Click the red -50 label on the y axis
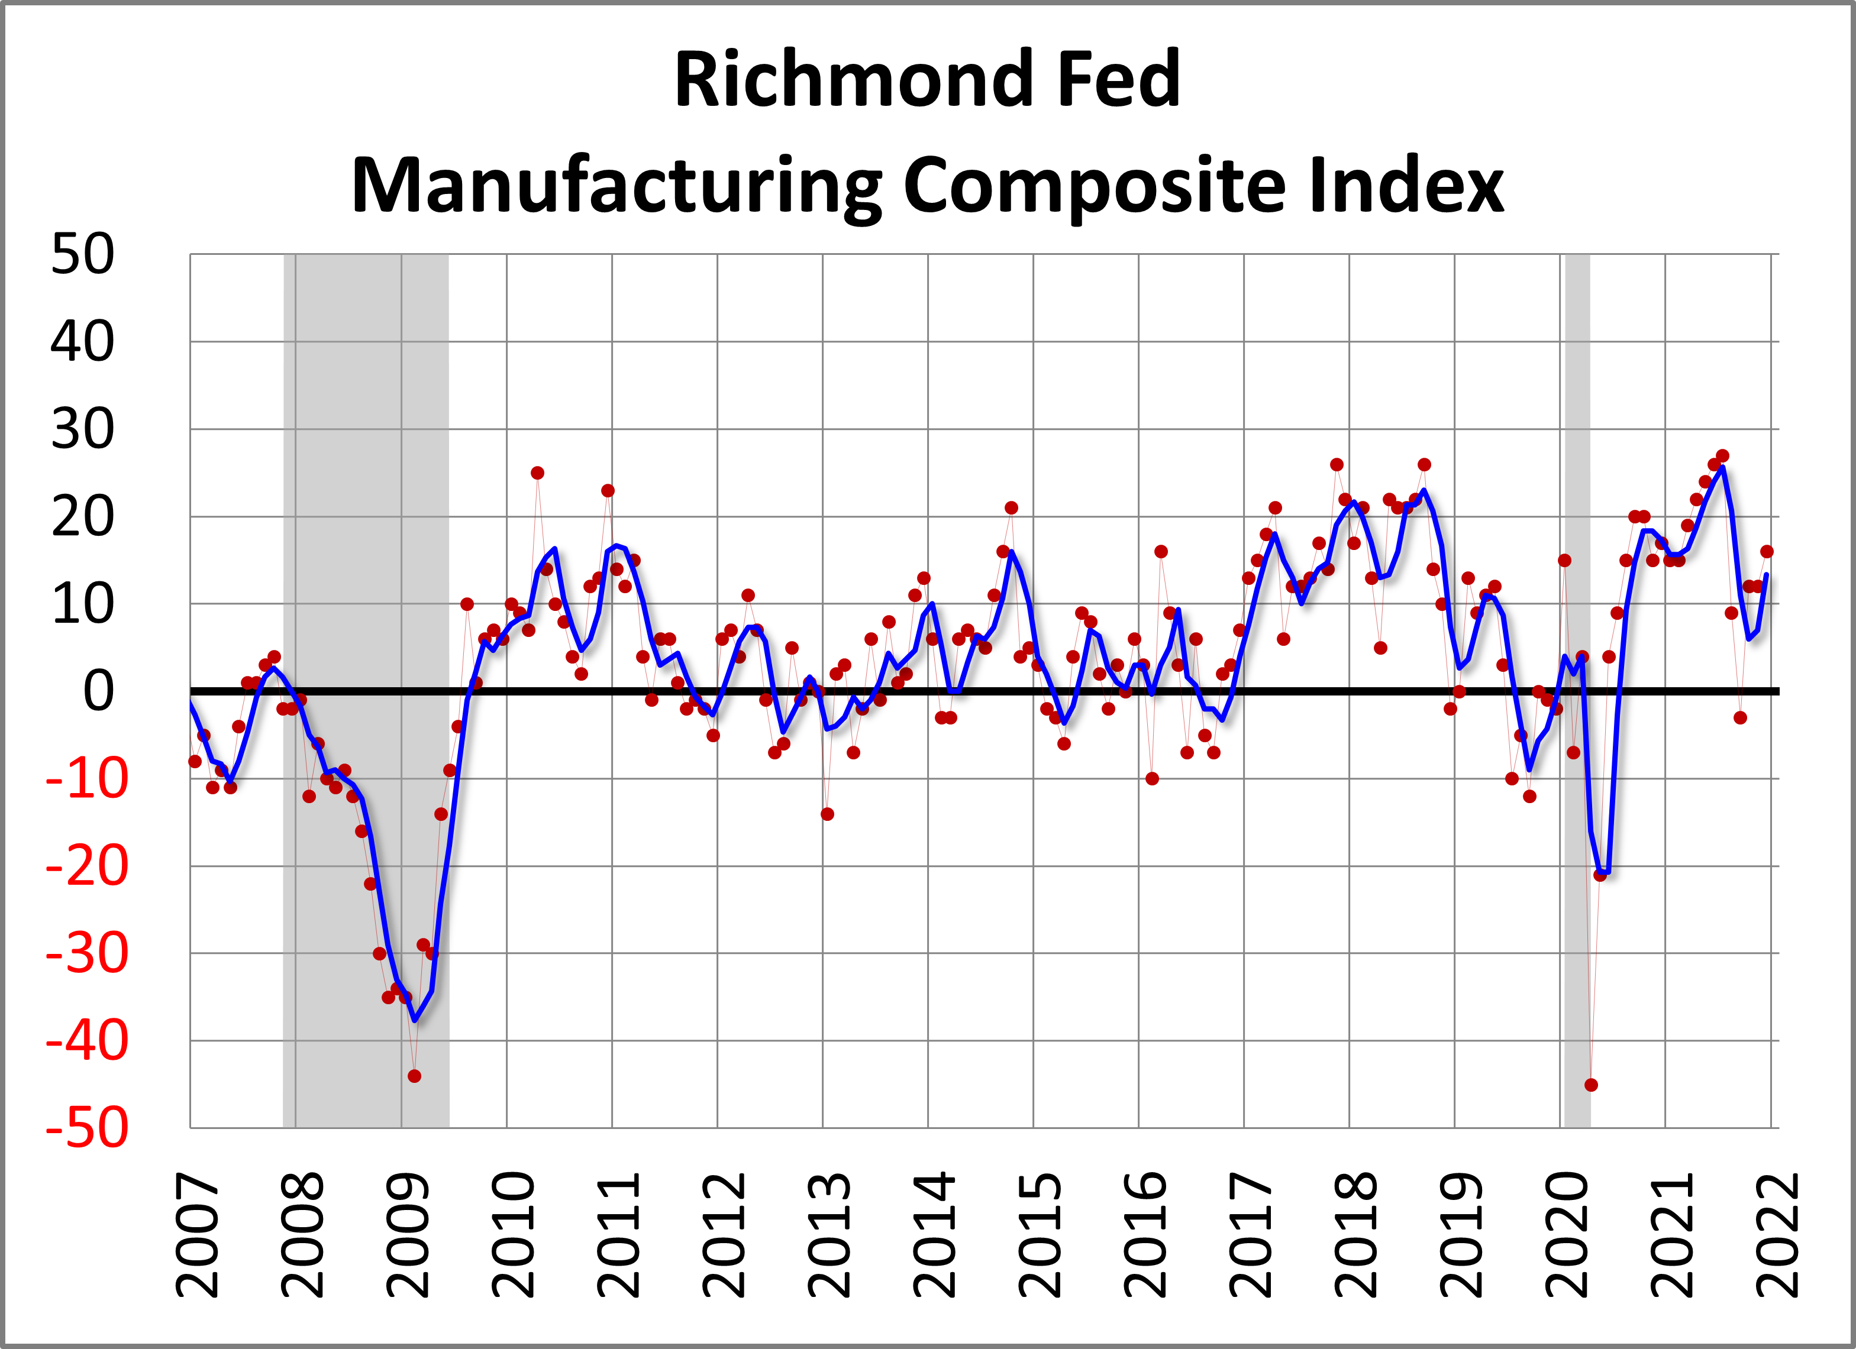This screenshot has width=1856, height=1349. (x=88, y=1128)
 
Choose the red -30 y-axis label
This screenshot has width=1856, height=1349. (x=88, y=954)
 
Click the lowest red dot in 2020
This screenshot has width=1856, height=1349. (x=1591, y=1085)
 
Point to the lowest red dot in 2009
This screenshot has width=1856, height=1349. (x=414, y=1076)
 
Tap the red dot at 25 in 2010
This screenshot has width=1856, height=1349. (x=538, y=473)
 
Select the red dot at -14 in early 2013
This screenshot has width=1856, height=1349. (x=827, y=814)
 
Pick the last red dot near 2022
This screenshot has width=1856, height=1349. (x=1767, y=551)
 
